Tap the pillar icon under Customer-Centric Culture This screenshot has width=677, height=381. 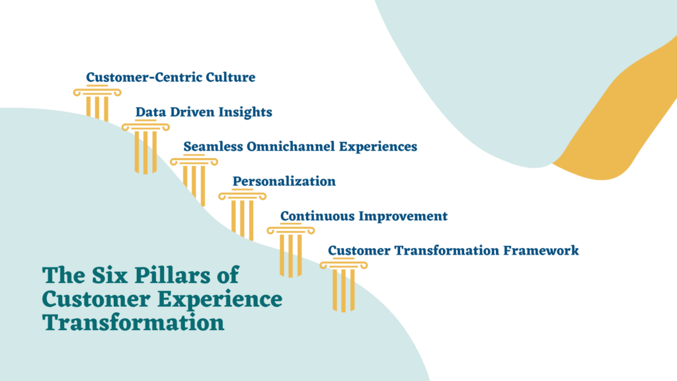coord(97,103)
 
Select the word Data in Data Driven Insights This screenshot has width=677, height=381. coord(149,112)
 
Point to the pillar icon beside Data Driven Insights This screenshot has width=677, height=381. coord(145,147)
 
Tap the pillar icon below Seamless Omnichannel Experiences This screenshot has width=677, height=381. coord(194,180)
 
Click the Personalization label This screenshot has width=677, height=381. coord(284,181)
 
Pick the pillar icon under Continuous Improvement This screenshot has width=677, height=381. coord(291,250)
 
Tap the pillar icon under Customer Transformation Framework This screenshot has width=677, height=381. coord(344,286)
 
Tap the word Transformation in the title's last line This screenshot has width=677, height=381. coord(133,323)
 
